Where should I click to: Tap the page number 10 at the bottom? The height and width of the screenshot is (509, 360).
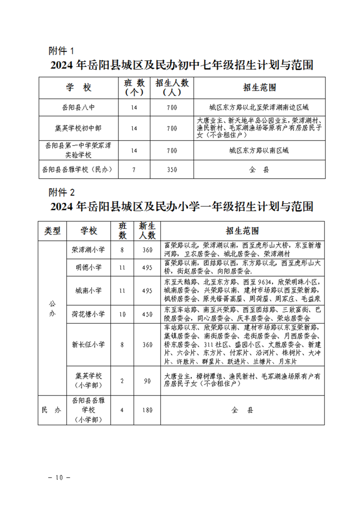(x=59, y=477)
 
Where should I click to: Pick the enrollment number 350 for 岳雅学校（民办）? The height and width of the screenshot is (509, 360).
(x=172, y=170)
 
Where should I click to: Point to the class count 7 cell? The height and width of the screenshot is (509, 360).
(x=133, y=170)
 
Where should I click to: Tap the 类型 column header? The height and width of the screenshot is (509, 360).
(x=52, y=230)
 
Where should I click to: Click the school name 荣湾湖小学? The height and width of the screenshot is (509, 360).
(x=89, y=250)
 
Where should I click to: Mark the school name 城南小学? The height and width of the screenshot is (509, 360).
(x=89, y=290)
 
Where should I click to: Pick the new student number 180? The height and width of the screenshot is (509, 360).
(x=147, y=410)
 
